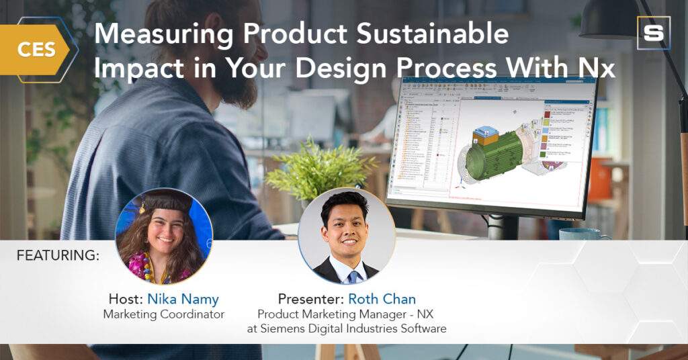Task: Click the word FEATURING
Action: click(58, 255)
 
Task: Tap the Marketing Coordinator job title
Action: click(163, 314)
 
